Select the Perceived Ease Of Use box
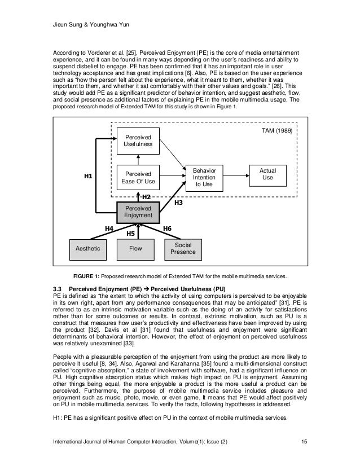pos(138,177)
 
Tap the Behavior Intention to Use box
pos(204,177)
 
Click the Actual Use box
pos(267,173)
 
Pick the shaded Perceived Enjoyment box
pos(138,212)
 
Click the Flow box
pos(135,248)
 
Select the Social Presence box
pos(183,248)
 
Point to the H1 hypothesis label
pos(88,177)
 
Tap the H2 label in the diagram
pos(146,197)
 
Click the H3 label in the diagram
pos(178,201)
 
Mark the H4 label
pos(109,227)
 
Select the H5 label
pos(130,232)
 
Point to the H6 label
pos(167,227)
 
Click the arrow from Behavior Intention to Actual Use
pos(236,174)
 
